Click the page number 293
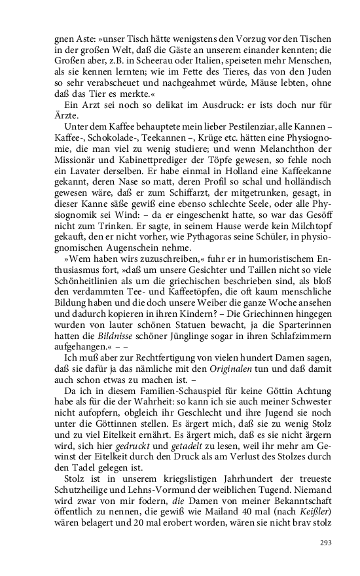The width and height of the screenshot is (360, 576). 327,543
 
